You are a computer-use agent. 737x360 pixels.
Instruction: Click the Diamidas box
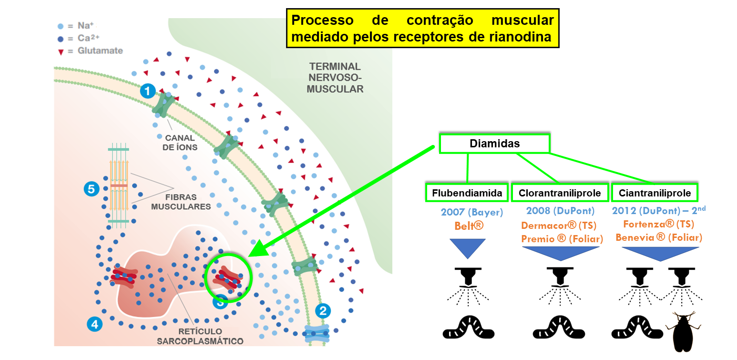click(x=494, y=144)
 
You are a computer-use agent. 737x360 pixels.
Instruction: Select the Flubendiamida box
click(x=467, y=193)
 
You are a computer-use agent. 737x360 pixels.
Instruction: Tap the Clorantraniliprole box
click(x=560, y=193)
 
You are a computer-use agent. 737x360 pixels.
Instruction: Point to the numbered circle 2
click(x=323, y=312)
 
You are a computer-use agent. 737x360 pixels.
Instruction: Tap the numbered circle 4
click(x=94, y=324)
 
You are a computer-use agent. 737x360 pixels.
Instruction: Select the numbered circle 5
click(x=90, y=189)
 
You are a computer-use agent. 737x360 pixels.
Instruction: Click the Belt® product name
click(x=469, y=225)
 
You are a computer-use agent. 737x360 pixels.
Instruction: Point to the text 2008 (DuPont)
click(x=560, y=211)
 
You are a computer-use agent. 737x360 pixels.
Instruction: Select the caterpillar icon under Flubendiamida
click(x=469, y=328)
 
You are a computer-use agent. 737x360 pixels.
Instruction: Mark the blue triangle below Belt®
click(x=468, y=248)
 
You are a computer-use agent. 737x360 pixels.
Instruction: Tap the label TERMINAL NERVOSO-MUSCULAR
click(x=335, y=77)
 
